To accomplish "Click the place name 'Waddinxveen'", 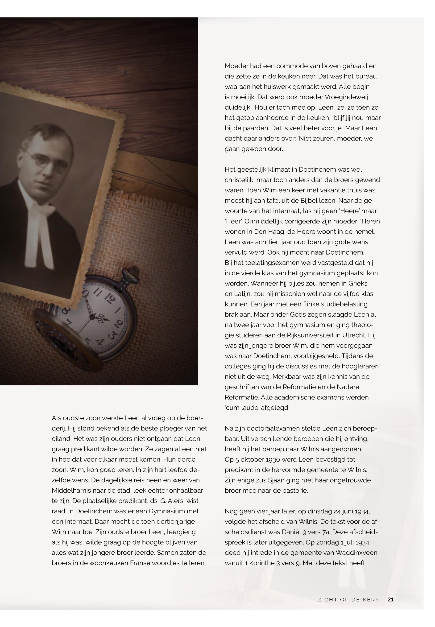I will click(x=356, y=553).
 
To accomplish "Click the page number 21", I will click(x=391, y=599).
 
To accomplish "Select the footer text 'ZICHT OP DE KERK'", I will click(x=349, y=599).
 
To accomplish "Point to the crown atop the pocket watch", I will click(x=133, y=271).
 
